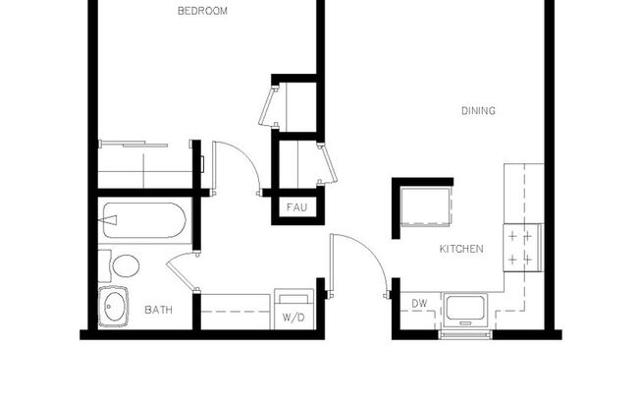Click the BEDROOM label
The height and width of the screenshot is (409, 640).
(202, 12)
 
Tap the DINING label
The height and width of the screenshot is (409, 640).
(478, 111)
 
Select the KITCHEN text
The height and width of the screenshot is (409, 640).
(460, 250)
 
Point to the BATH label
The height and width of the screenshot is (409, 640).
(158, 311)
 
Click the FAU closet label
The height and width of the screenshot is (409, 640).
(295, 208)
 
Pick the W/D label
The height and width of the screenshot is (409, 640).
(293, 319)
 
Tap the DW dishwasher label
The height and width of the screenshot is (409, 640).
(419, 304)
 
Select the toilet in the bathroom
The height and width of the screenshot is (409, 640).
(123, 266)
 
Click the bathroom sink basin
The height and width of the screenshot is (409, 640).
(114, 306)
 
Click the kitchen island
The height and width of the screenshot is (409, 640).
(424, 207)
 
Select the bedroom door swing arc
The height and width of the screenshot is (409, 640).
(239, 164)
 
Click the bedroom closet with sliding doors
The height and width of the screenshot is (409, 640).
(144, 164)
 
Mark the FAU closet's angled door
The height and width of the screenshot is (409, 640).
(327, 163)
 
